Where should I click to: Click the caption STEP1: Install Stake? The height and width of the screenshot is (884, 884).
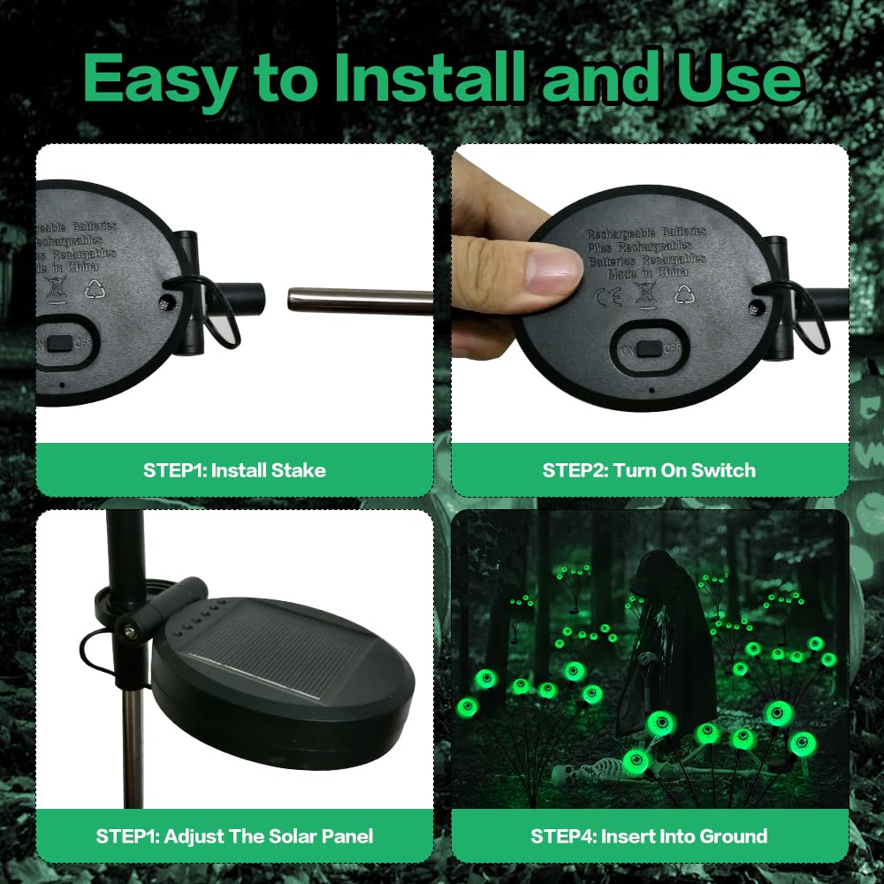234,470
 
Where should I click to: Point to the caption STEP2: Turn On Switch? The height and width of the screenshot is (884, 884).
649,470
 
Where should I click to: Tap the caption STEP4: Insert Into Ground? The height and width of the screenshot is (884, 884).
649,835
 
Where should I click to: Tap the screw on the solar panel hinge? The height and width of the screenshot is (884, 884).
130,630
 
